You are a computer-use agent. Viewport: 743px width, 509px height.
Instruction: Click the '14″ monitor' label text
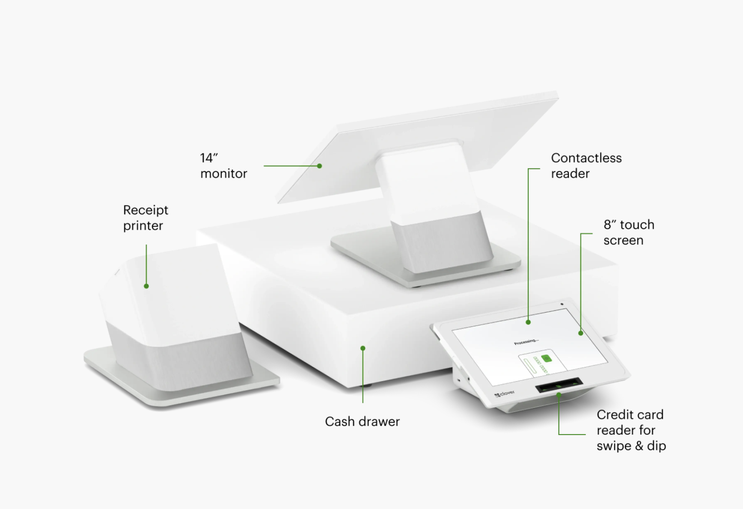pyautogui.click(x=223, y=166)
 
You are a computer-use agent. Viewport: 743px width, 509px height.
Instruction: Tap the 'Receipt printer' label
pyautogui.click(x=146, y=218)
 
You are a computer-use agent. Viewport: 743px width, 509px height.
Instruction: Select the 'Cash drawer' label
pyautogui.click(x=362, y=422)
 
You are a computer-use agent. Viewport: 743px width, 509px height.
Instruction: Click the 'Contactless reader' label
pyautogui.click(x=586, y=166)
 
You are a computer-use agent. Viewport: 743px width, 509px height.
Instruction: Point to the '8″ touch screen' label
pyautogui.click(x=629, y=233)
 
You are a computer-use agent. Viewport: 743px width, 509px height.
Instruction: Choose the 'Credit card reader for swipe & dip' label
pyautogui.click(x=631, y=430)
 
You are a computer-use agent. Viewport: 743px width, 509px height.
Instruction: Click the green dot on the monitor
pyautogui.click(x=319, y=166)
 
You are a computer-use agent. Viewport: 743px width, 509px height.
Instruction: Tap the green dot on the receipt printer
pyautogui.click(x=146, y=286)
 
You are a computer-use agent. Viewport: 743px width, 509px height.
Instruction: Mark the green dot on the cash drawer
pyautogui.click(x=363, y=348)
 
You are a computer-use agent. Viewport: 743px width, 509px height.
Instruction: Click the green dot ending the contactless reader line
pyautogui.click(x=528, y=322)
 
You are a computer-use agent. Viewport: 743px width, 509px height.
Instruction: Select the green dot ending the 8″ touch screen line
pyautogui.click(x=581, y=333)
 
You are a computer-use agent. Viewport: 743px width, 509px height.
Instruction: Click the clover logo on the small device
pyautogui.click(x=505, y=394)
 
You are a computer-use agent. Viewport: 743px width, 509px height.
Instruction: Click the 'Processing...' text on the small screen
pyautogui.click(x=526, y=342)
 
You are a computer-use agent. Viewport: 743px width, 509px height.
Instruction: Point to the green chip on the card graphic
pyautogui.click(x=547, y=358)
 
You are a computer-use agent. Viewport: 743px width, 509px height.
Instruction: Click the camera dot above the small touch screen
pyautogui.click(x=562, y=305)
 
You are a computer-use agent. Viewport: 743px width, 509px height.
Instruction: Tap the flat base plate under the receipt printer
pyautogui.click(x=182, y=381)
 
